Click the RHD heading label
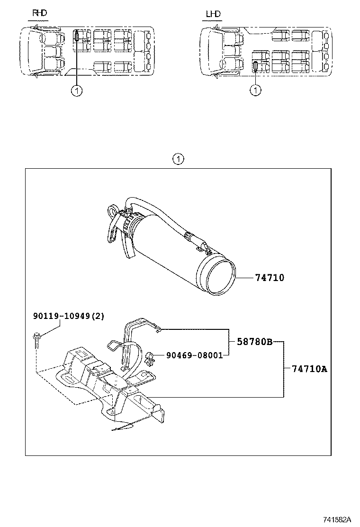pyautogui.click(x=39, y=13)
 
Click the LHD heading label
pyautogui.click(x=213, y=14)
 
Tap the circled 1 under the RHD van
pyautogui.click(x=77, y=91)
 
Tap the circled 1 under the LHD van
pyautogui.click(x=256, y=90)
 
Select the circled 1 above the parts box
pyautogui.click(x=178, y=159)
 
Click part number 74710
pyautogui.click(x=270, y=278)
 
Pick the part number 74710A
pyautogui.click(x=309, y=369)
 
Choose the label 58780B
pyautogui.click(x=255, y=342)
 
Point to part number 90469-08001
pyautogui.click(x=194, y=355)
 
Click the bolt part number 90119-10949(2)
pyautogui.click(x=69, y=316)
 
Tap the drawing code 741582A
pyautogui.click(x=337, y=519)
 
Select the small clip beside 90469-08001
pyautogui.click(x=150, y=358)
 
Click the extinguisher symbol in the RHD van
pyautogui.click(x=77, y=35)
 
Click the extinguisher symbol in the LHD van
pyautogui.click(x=256, y=66)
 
